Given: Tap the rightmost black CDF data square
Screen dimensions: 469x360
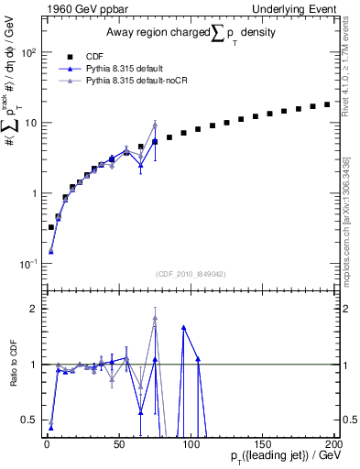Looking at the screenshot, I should tap(327, 104).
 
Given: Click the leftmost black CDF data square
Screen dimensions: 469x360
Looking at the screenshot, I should tap(50, 227).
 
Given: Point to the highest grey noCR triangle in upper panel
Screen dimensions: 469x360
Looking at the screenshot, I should tap(155, 125).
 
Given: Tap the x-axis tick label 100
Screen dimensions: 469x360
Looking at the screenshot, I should tap(191, 444).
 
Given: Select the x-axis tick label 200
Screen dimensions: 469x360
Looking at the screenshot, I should tap(333, 444).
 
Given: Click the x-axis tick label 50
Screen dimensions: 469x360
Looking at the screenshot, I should tap(119, 444).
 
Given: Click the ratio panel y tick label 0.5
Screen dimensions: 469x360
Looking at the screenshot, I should tap(30, 420).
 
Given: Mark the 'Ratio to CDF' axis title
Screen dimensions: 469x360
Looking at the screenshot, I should tap(14, 364).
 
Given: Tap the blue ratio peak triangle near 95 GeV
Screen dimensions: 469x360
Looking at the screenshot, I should tap(184, 327).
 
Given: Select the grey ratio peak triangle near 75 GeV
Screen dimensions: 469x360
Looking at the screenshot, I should tap(155, 319).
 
